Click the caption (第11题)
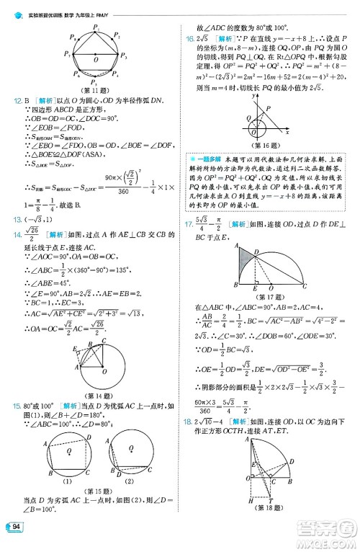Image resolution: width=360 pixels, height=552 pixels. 96,90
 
